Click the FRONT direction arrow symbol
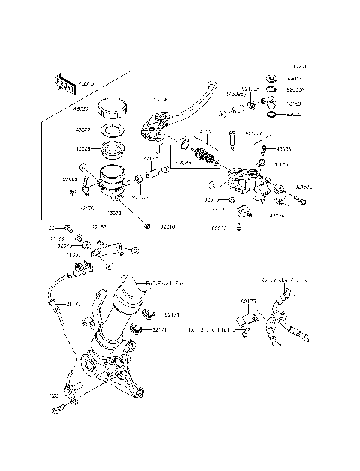[64, 83]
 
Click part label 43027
[82, 130]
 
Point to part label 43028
[82, 148]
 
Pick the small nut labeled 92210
[147, 226]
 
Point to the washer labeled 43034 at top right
[272, 77]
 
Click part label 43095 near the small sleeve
[152, 159]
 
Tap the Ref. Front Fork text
[167, 283]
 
